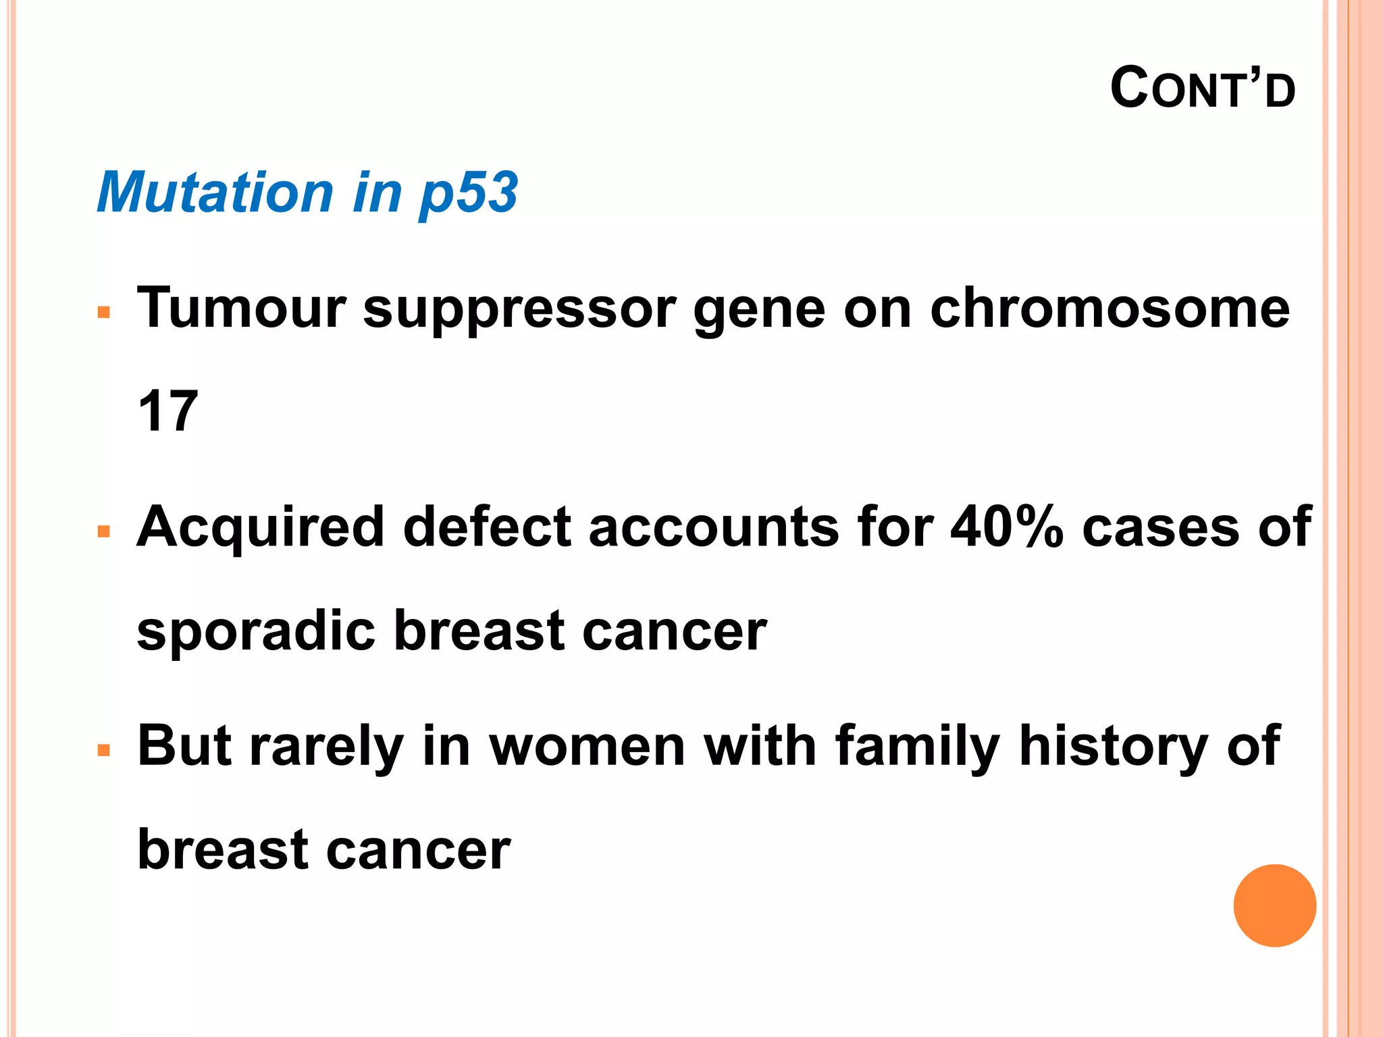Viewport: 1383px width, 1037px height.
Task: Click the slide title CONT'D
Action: click(1203, 88)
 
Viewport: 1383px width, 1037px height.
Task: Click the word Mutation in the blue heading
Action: click(215, 192)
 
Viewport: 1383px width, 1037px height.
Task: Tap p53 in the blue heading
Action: click(469, 194)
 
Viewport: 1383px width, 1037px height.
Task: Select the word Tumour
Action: click(241, 308)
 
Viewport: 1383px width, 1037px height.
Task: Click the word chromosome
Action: click(1110, 308)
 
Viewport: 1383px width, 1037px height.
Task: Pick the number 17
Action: click(167, 411)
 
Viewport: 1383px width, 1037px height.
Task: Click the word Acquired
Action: click(260, 529)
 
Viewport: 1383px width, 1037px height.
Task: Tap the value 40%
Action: click(1006, 527)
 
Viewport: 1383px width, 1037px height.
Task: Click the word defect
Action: click(487, 527)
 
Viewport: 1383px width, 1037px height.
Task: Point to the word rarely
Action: click(327, 748)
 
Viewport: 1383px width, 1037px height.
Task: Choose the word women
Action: click(587, 747)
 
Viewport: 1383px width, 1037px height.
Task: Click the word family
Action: click(916, 748)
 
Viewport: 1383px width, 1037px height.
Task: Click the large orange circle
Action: click(1274, 905)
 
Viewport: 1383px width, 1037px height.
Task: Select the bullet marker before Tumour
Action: click(103, 313)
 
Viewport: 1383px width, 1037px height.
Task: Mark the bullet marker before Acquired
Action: click(103, 532)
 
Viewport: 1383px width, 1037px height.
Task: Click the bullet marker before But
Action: click(103, 750)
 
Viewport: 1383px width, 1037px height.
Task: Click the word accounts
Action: click(714, 527)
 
